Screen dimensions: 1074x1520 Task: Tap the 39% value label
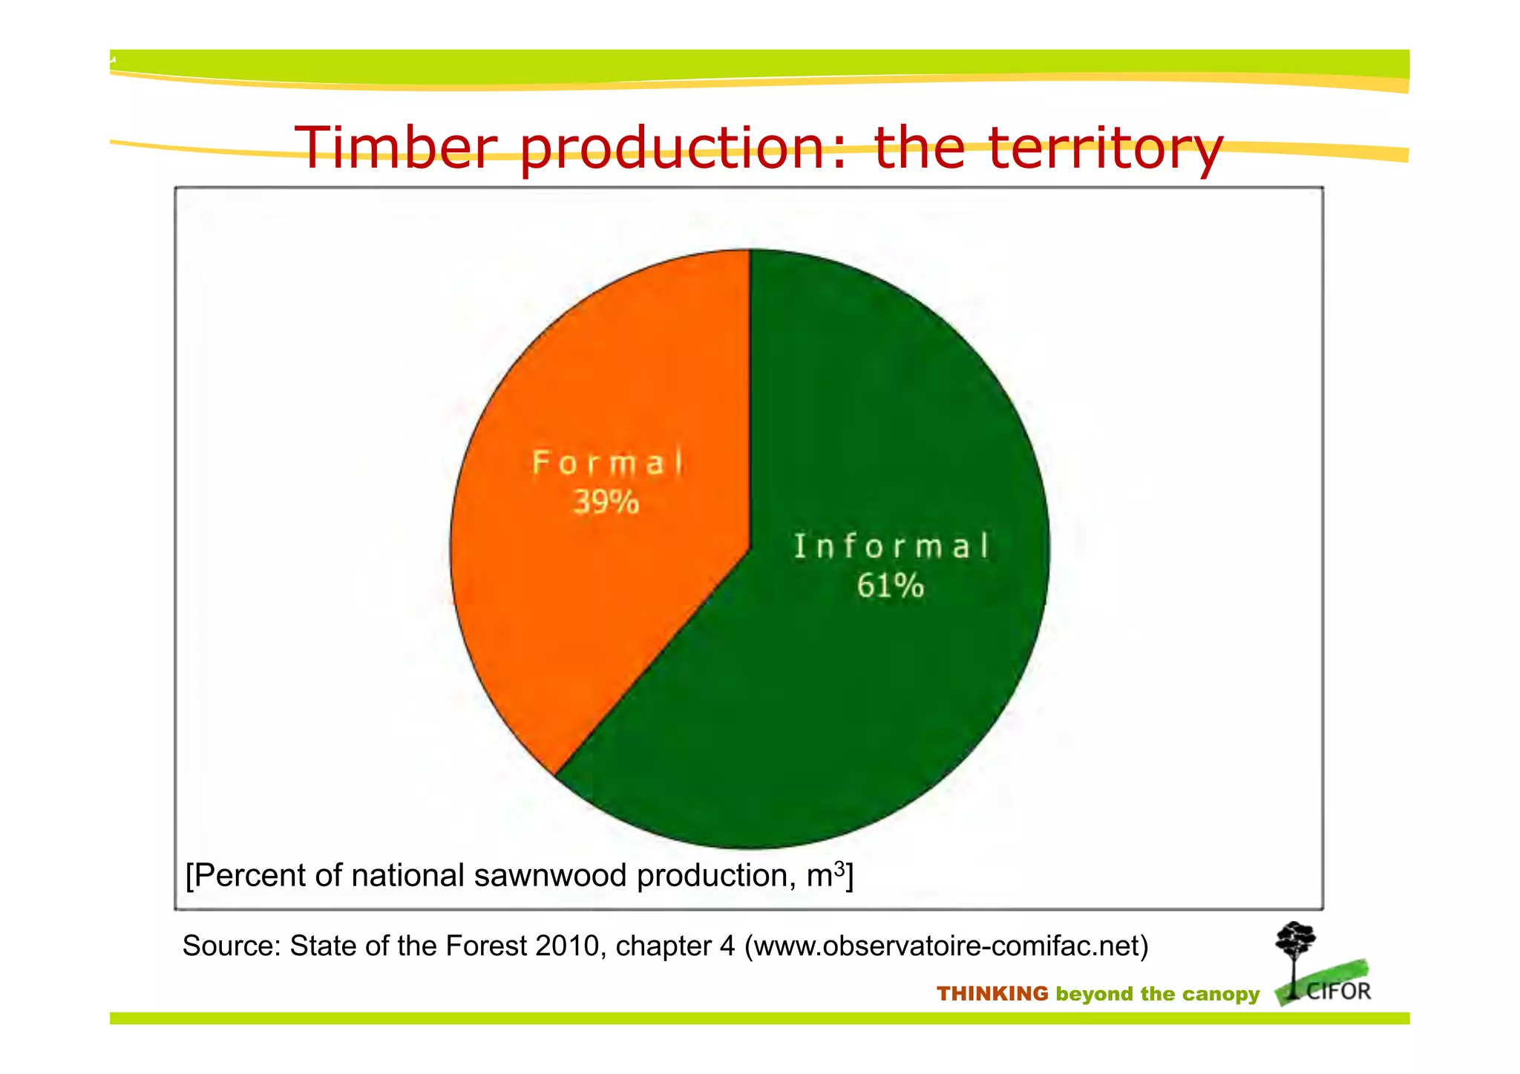[606, 502]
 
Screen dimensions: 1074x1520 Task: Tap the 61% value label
[890, 586]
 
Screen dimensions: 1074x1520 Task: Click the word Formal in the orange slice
[607, 463]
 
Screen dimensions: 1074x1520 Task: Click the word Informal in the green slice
[891, 546]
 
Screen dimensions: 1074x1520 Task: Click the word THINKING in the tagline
[992, 994]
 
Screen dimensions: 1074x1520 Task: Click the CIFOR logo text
[1338, 992]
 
